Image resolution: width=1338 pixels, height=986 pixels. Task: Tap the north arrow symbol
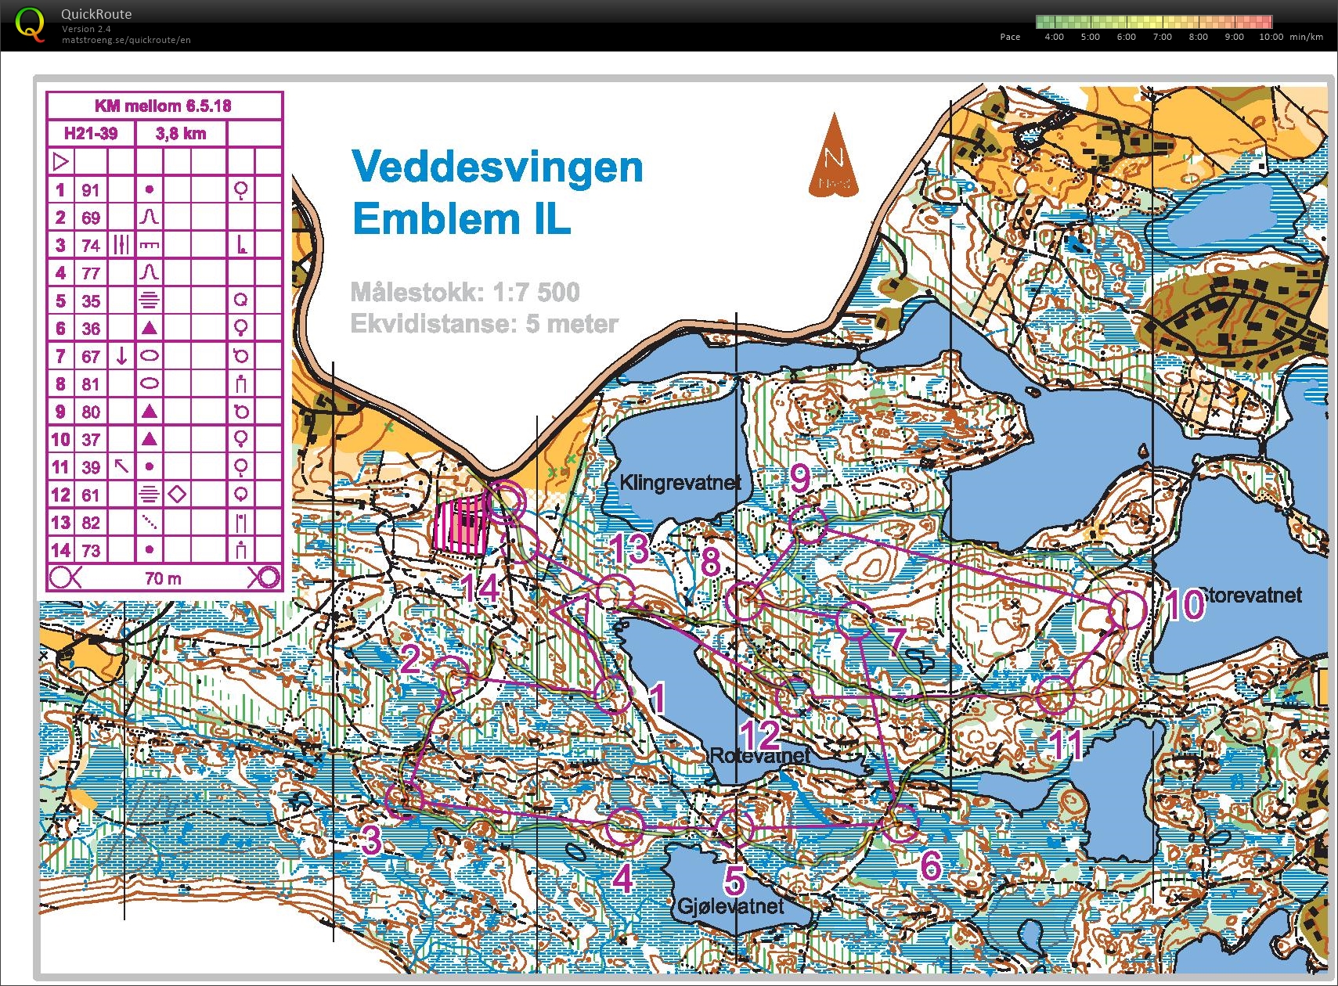834,157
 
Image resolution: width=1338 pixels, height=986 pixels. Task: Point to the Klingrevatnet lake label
680,483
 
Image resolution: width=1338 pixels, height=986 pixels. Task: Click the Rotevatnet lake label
759,756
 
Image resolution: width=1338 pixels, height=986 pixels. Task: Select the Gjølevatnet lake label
730,906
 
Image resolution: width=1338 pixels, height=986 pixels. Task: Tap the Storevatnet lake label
1250,596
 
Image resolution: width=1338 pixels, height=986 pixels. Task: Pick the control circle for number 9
808,524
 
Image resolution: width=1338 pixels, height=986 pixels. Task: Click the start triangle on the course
573,610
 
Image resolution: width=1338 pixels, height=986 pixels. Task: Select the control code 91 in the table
91,190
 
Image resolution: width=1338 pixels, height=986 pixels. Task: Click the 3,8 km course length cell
181,134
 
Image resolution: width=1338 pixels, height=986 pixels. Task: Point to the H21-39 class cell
91,134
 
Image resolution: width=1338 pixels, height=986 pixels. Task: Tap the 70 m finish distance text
163,578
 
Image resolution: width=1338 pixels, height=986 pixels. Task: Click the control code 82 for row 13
91,523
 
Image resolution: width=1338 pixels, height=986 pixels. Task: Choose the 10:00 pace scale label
1271,37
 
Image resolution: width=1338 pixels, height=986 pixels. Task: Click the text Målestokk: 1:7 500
465,292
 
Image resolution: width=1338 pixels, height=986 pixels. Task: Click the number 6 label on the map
930,865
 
